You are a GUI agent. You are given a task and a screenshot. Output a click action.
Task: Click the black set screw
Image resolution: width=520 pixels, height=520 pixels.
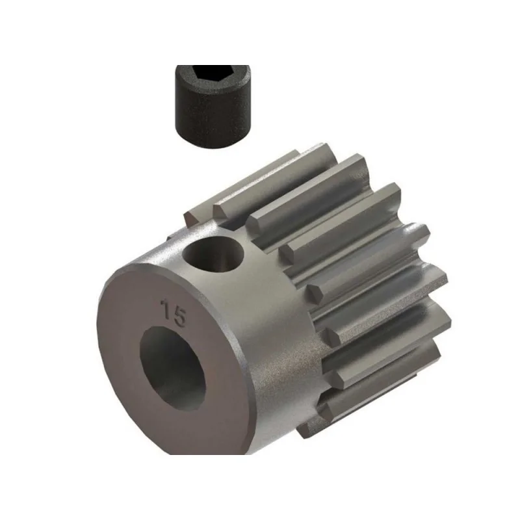coord(213,106)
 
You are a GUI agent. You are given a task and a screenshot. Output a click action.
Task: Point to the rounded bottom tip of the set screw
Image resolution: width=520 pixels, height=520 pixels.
coord(213,141)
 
